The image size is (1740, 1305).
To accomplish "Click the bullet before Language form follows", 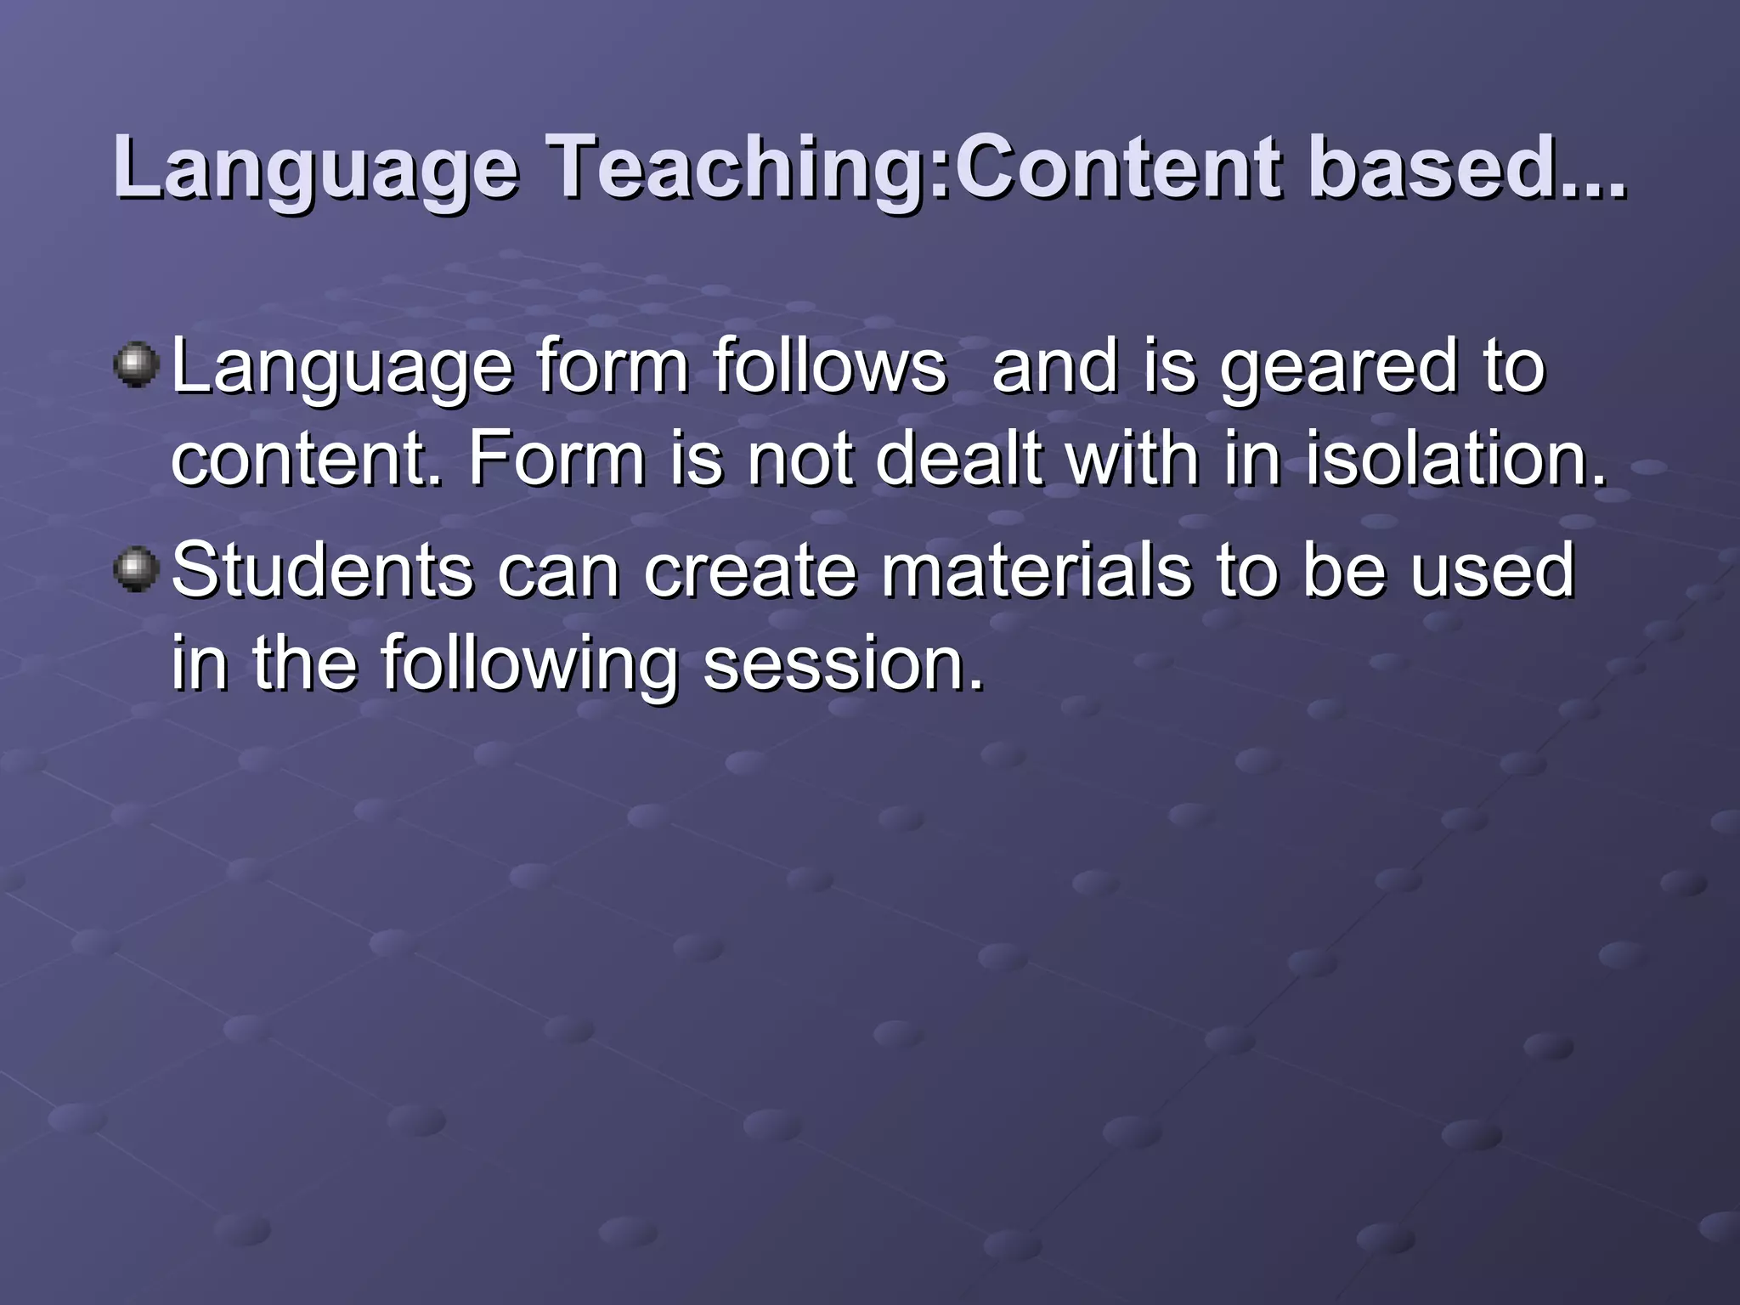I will tap(136, 364).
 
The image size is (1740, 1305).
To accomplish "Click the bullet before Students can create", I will tap(136, 568).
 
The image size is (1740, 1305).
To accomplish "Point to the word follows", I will tap(829, 367).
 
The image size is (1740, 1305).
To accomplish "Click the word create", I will tap(750, 571).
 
